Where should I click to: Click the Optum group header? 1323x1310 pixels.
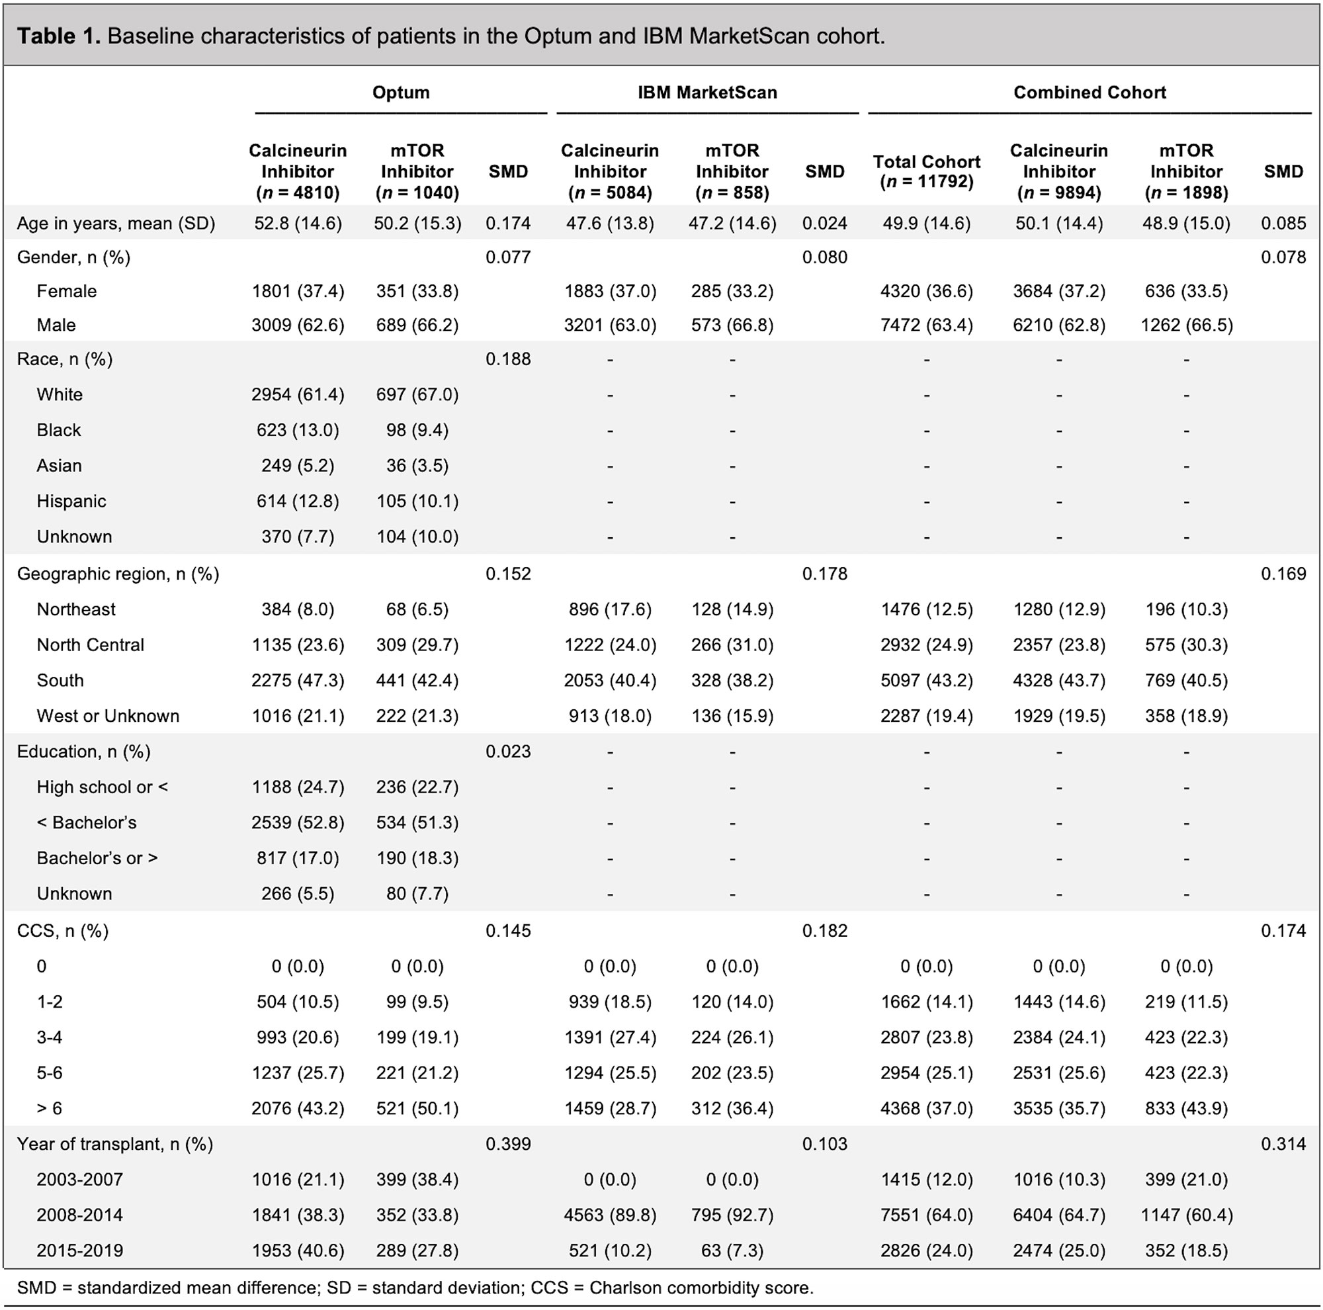(401, 93)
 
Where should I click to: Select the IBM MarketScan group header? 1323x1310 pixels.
(707, 93)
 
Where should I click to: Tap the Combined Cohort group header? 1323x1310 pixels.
(1089, 93)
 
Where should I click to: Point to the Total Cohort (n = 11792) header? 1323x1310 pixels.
(927, 171)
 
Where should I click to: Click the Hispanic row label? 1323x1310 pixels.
(71, 502)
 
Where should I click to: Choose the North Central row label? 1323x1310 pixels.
(91, 645)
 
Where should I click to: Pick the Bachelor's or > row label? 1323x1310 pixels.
(97, 859)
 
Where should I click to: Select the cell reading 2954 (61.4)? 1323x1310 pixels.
(298, 395)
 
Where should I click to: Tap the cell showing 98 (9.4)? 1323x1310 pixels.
(417, 431)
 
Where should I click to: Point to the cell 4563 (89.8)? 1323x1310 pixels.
(610, 1215)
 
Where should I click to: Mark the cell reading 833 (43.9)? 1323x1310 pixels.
(1186, 1109)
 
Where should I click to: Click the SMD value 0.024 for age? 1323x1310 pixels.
(824, 224)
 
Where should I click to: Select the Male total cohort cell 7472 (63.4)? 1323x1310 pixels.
(927, 326)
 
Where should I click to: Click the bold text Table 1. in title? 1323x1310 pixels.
(59, 36)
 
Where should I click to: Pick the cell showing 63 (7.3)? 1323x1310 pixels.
(732, 1251)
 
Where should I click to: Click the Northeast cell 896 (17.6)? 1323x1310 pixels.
(610, 609)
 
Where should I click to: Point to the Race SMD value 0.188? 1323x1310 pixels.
(508, 359)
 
